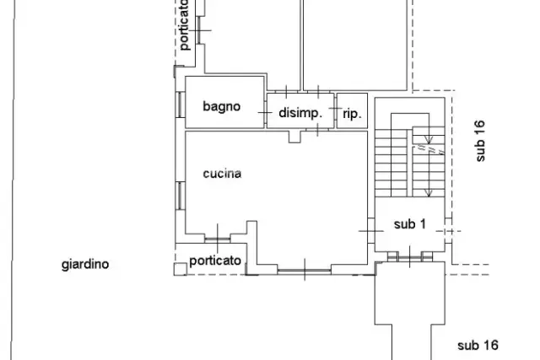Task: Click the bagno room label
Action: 221,107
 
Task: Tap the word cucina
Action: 222,174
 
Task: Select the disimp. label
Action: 300,113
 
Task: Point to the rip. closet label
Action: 353,114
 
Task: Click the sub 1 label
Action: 410,224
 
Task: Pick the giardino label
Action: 85,265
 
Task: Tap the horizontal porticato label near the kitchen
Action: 215,261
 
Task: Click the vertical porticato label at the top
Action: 184,25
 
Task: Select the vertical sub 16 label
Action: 480,141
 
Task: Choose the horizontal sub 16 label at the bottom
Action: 478,345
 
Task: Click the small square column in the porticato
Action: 180,269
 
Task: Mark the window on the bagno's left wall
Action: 181,105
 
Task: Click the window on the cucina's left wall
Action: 181,196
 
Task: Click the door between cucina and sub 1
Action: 371,231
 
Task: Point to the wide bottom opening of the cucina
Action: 305,271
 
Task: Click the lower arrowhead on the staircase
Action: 429,193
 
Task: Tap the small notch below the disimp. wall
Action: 294,137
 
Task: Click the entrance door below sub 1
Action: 410,257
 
